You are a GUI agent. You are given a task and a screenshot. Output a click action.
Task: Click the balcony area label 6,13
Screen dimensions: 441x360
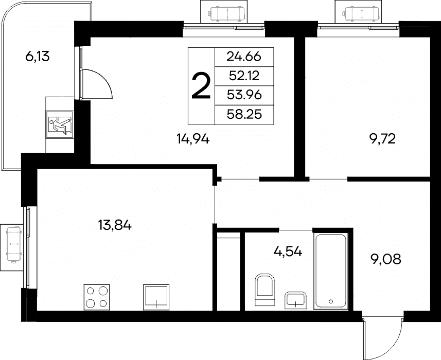[38, 57]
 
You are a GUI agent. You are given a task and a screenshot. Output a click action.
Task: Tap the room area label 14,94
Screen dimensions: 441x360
[193, 138]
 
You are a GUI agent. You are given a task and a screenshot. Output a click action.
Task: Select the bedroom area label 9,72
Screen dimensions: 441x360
[382, 138]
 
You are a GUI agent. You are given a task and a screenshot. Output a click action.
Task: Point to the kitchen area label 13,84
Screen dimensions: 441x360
[115, 225]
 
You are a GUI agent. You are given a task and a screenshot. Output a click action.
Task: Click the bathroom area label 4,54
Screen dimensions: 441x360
[288, 251]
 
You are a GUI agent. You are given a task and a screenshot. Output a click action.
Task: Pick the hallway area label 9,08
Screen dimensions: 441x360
[385, 259]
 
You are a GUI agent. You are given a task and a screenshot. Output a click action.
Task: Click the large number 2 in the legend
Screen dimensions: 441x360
[201, 86]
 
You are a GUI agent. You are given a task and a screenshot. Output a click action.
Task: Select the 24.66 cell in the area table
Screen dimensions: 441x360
[244, 57]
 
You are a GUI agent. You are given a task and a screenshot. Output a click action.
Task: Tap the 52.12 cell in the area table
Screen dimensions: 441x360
[244, 76]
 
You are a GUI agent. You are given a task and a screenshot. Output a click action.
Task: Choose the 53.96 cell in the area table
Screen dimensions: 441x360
[244, 95]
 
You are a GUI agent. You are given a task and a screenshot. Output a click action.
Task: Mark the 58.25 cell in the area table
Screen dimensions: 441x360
[244, 115]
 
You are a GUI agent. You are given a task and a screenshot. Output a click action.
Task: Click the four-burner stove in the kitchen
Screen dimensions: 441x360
[97, 297]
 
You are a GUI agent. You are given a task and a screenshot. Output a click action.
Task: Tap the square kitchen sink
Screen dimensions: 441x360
[156, 297]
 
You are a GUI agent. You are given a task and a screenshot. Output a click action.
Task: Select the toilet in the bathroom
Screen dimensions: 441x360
[264, 290]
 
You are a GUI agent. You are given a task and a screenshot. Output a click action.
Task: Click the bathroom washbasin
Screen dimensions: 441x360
[295, 301]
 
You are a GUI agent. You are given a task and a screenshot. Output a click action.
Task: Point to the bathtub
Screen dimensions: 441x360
[331, 271]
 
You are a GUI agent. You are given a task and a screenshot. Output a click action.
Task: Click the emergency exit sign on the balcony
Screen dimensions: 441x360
[60, 125]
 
